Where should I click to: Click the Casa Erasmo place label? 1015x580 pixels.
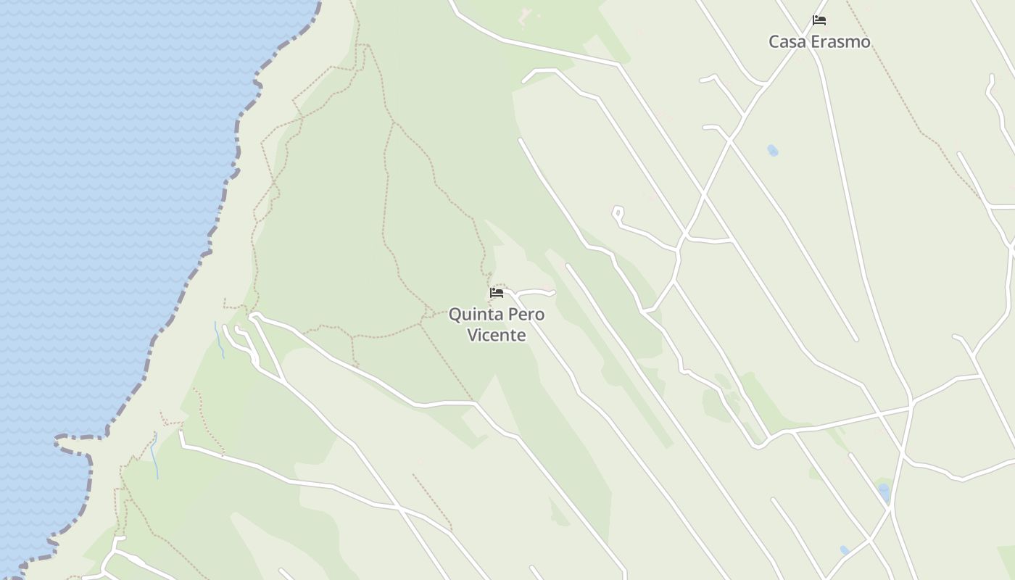coord(819,41)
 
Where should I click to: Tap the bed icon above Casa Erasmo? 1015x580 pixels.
coord(819,20)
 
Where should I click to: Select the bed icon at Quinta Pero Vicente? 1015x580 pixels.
coord(497,293)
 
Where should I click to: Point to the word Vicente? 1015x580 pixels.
coord(497,335)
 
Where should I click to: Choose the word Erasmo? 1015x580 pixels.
coord(840,41)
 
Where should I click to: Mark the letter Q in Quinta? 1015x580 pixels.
coord(455,315)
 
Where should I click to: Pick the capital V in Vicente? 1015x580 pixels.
coord(472,335)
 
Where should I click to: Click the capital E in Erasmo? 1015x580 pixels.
coord(816,41)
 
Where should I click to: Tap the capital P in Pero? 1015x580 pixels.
coord(513,315)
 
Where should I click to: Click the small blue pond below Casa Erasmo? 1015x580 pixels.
coord(773,151)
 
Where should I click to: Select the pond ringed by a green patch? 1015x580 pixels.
coord(884,493)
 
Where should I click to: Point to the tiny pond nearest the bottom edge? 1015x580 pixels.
coord(844,550)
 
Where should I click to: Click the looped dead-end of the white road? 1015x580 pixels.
coord(618,212)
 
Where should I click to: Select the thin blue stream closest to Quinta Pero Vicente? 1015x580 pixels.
coord(219,339)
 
